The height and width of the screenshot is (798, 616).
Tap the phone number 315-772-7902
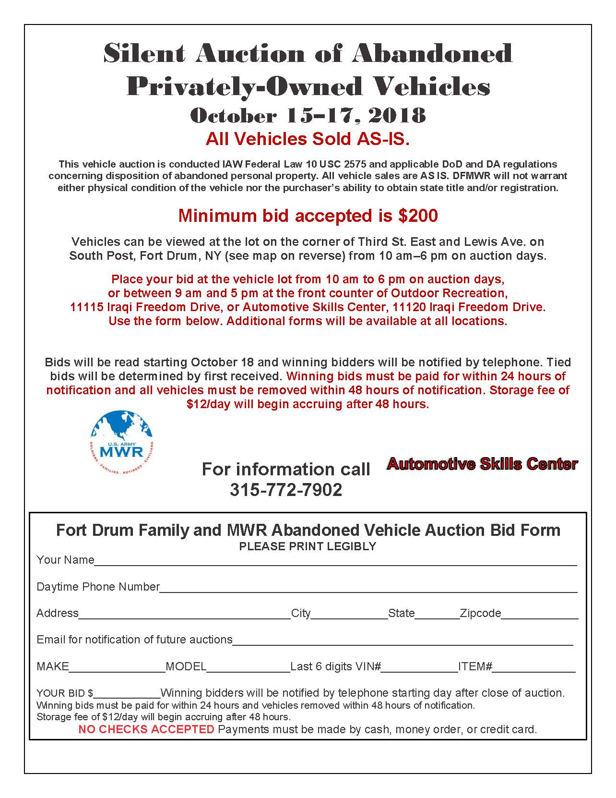tap(286, 490)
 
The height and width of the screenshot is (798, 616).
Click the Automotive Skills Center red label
tap(482, 464)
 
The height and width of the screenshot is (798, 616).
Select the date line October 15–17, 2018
tap(308, 116)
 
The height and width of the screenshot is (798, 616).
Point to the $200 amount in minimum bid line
tap(418, 216)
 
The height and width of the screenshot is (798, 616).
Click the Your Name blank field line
tap(335, 562)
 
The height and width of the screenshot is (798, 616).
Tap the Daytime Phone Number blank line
tap(368, 589)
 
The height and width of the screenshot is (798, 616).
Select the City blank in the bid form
tap(349, 615)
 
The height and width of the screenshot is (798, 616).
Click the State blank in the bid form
tap(437, 615)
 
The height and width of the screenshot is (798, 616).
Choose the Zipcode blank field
tap(540, 615)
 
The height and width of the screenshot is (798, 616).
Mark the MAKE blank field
tap(117, 668)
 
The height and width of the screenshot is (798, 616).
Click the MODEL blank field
tap(248, 668)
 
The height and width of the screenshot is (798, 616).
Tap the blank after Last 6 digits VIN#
tap(420, 668)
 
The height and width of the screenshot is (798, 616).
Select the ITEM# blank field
tap(534, 668)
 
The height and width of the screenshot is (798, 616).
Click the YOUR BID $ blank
tap(127, 695)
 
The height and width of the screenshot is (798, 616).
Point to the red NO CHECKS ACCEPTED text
tap(146, 729)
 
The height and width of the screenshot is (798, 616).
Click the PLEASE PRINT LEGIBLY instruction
tap(308, 546)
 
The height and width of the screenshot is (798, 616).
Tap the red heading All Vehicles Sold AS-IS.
tap(308, 139)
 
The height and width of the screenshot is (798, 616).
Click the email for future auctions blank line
tap(403, 642)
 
